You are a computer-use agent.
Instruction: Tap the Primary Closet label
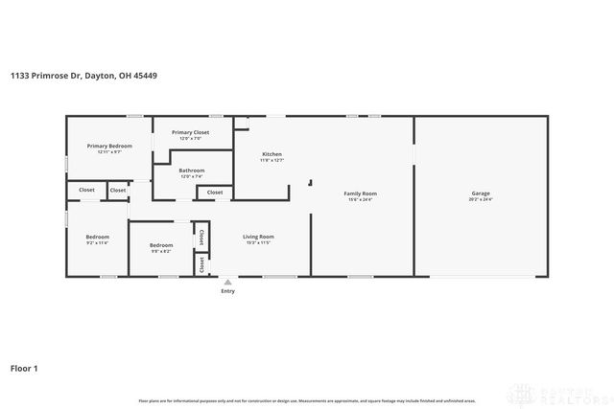point(190,132)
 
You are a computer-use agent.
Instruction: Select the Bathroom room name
point(192,170)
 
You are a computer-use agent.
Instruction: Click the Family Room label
point(360,193)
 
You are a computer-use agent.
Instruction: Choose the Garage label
point(480,193)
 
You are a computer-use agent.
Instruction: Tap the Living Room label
point(258,237)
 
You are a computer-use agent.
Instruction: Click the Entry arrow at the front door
point(227,283)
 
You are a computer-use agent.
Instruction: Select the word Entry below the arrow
point(227,291)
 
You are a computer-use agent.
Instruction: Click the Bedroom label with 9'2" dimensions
point(97,237)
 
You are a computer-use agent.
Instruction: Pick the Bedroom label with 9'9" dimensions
point(161,245)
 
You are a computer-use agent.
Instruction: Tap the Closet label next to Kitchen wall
point(215,193)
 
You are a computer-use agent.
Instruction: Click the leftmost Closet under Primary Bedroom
point(86,190)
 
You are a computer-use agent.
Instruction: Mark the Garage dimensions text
point(480,200)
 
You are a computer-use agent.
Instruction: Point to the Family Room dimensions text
point(360,200)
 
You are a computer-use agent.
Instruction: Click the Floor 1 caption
point(24,367)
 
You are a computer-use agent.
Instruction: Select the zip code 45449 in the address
point(145,76)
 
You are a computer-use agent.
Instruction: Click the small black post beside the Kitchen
point(309,183)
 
